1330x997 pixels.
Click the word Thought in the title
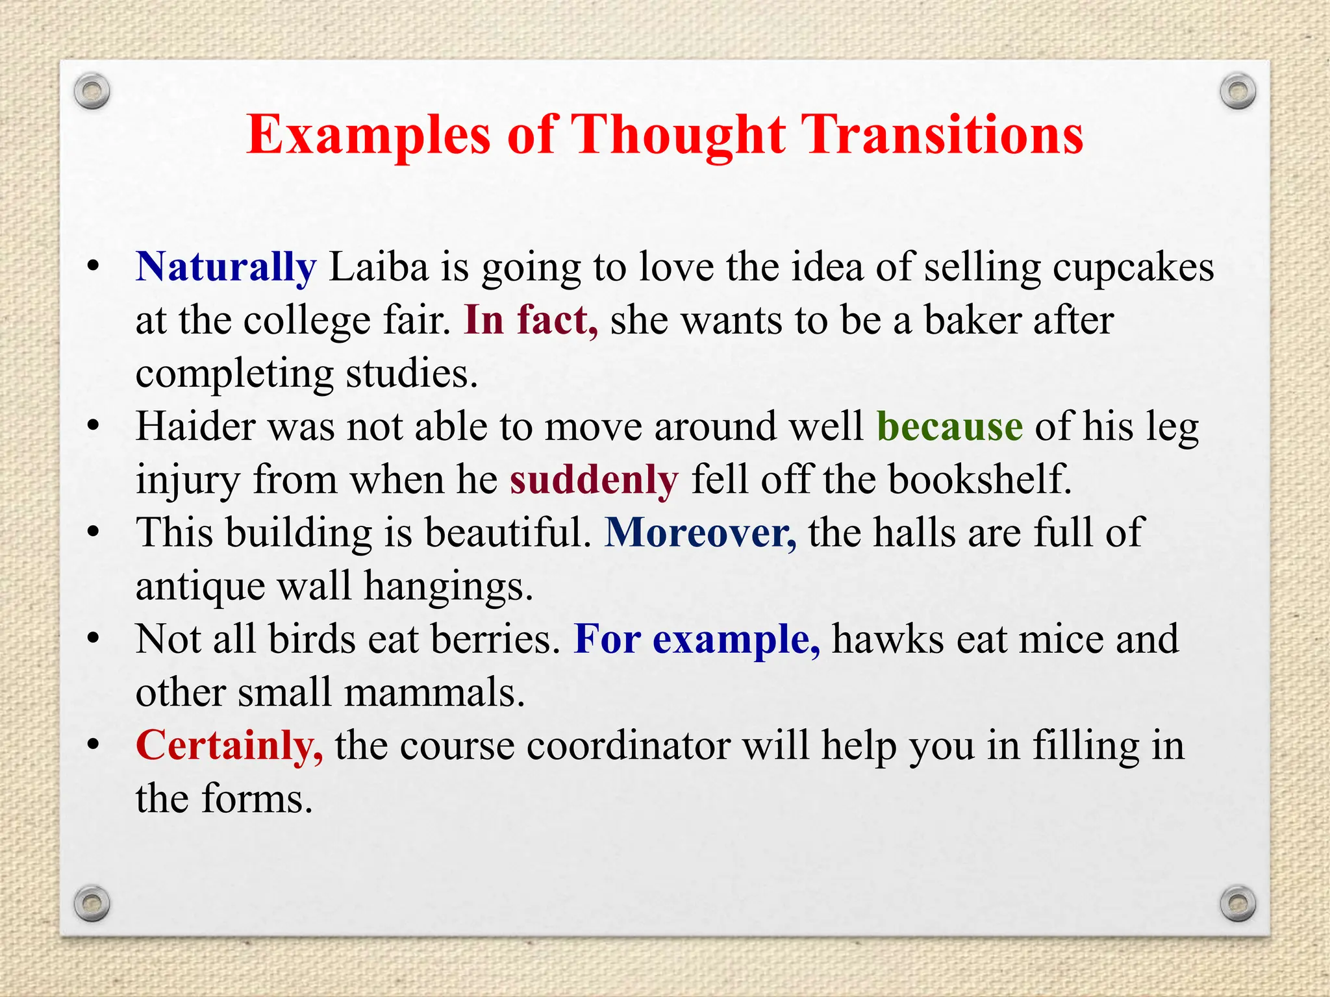[678, 135]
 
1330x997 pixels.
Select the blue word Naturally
[226, 267]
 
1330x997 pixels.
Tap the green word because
[949, 427]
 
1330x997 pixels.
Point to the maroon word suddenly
[594, 480]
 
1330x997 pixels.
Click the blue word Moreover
[700, 534]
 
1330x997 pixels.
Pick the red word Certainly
[229, 746]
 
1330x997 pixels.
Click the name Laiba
[379, 267]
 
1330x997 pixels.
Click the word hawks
[888, 639]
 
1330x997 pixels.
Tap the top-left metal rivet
[92, 92]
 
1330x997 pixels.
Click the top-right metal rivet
[1238, 92]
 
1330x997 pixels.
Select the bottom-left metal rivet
[92, 903]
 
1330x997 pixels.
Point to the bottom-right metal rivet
[1238, 903]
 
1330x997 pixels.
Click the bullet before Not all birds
[94, 639]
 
